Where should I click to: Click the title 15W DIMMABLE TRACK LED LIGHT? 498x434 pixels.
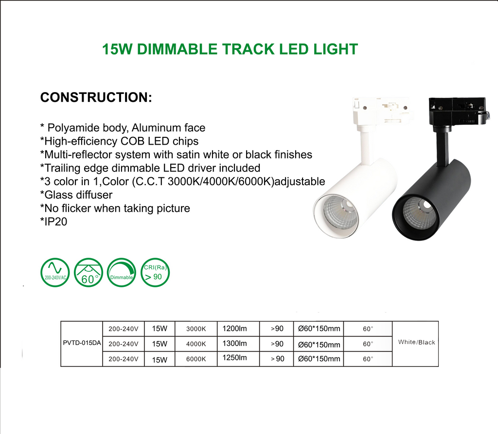coord(230,49)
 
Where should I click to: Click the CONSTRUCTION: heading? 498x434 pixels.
coord(96,97)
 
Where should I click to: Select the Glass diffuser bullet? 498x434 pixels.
coord(76,195)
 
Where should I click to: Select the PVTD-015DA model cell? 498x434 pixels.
coord(82,343)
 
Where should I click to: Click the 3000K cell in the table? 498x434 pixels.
coord(196,329)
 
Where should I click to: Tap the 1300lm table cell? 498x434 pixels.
coord(234,343)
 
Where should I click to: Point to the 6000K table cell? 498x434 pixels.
coord(196,359)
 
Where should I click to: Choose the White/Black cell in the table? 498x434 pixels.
coord(416,342)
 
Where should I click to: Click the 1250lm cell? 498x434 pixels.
coord(234,358)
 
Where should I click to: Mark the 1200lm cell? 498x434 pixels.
coord(234,329)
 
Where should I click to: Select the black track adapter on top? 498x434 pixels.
coord(457,110)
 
